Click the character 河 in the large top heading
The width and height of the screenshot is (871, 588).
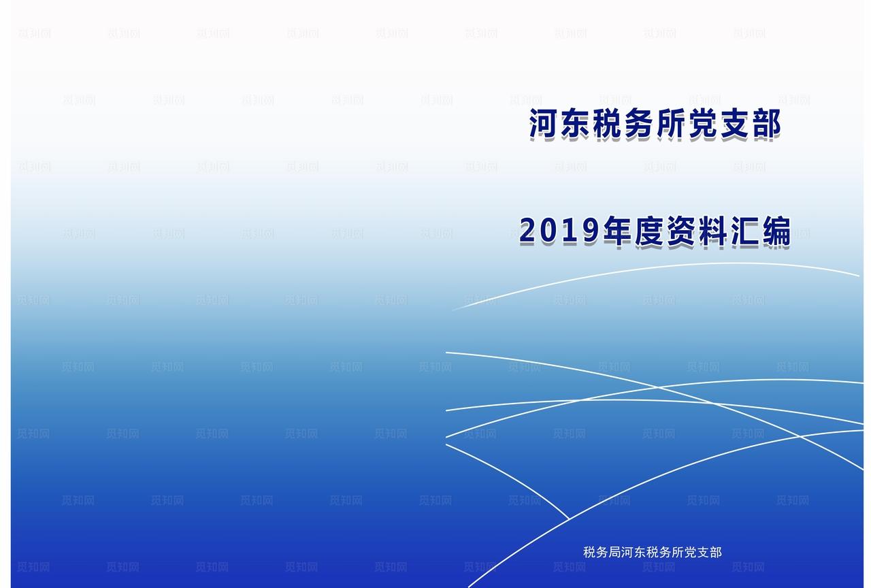(x=544, y=125)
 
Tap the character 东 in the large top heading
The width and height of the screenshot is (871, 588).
(x=576, y=125)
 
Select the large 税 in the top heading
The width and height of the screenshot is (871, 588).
(x=607, y=125)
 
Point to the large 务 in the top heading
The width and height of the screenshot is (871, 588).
(x=639, y=125)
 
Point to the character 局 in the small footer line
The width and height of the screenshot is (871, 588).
(x=614, y=552)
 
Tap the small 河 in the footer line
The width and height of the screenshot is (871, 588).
(x=627, y=552)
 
